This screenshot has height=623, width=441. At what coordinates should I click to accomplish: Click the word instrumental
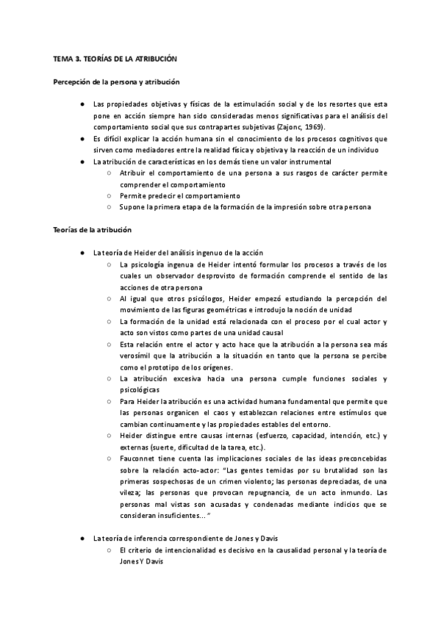(x=310, y=162)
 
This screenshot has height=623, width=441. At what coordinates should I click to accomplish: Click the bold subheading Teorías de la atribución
(x=92, y=230)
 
